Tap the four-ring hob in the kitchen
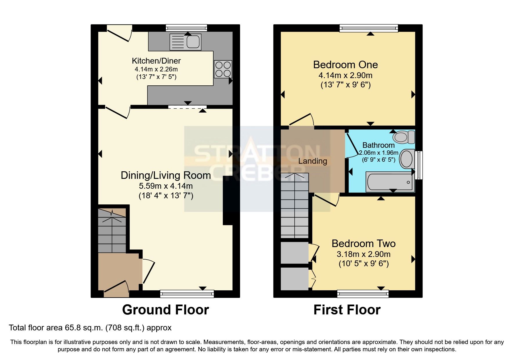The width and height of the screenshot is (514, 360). (223, 69)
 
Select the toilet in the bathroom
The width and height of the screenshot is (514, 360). (404, 137)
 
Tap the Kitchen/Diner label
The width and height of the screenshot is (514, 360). (156, 61)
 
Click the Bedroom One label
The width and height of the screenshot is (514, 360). (345, 64)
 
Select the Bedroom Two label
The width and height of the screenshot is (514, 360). (364, 243)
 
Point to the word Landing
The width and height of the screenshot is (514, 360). (313, 161)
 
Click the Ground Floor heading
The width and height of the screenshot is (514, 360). (165, 310)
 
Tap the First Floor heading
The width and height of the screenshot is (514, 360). (347, 310)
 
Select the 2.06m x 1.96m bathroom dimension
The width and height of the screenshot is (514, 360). (378, 153)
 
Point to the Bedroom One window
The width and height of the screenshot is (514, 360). (369, 28)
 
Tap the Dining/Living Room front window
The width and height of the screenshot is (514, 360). (187, 294)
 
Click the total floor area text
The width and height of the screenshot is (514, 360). (90, 328)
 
